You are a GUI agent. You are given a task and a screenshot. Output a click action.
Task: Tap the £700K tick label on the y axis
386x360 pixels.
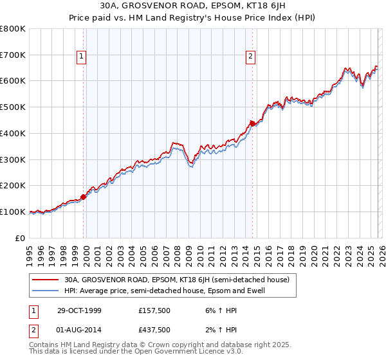click(x=13, y=55)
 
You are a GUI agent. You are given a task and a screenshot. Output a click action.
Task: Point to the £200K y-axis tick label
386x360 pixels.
click(x=13, y=185)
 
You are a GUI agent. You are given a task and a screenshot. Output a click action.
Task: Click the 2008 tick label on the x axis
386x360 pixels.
click(x=177, y=253)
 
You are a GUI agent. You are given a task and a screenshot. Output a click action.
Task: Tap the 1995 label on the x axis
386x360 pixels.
click(x=30, y=253)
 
